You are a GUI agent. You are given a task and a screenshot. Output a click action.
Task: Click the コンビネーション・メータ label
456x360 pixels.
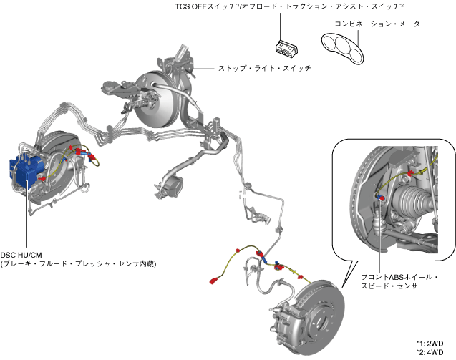click(377, 24)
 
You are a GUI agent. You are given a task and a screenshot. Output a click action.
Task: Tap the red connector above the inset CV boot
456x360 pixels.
click(409, 173)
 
